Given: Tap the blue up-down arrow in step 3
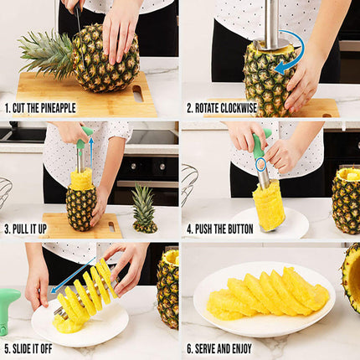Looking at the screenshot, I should pos(90,151).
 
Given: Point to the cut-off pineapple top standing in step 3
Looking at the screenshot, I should pos(144,208).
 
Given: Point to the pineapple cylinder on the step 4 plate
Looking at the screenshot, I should pos(269,204).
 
